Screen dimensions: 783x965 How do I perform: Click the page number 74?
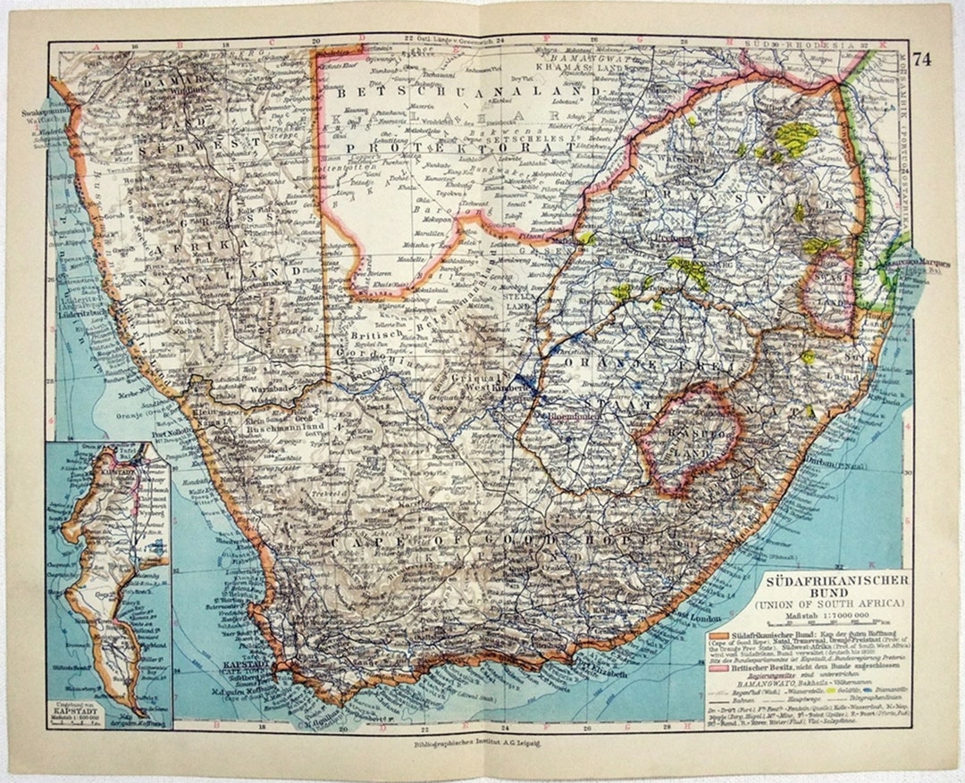pyautogui.click(x=922, y=61)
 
